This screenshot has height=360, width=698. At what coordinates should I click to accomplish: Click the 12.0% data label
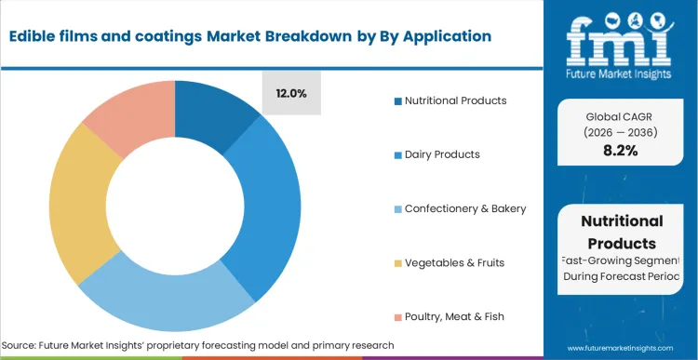[291, 93]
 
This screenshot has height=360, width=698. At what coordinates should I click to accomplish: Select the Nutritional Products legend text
[457, 100]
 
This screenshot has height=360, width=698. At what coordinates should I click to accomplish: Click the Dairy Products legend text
[443, 154]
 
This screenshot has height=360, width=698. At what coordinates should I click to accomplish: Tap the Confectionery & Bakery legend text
[465, 208]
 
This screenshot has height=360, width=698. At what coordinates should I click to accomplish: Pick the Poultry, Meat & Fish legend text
[454, 317]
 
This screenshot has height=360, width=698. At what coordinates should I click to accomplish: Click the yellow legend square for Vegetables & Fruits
[397, 263]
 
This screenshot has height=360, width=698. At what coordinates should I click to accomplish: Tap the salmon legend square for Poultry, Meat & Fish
[397, 317]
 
